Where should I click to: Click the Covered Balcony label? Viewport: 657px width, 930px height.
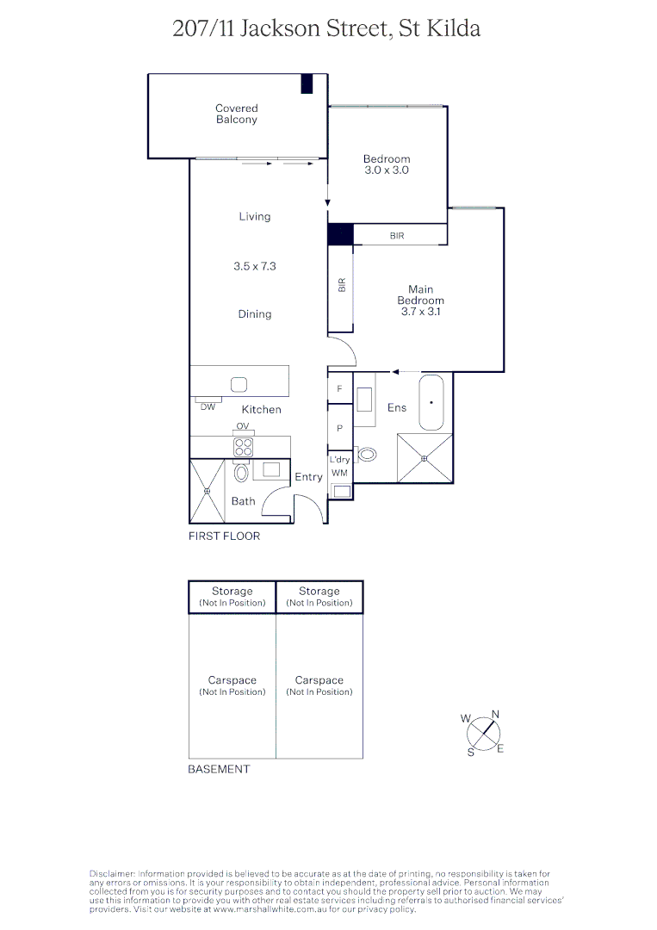coord(236,114)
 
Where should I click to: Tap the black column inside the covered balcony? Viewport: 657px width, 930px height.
coord(306,84)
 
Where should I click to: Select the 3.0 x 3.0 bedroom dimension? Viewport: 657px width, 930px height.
coord(387,170)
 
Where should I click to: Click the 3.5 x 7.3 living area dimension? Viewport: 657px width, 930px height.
coord(255,267)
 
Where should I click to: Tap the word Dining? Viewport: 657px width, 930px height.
coord(255,314)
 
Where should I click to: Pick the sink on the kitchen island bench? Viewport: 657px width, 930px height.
coord(239,385)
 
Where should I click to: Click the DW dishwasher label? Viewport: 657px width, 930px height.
coord(208,406)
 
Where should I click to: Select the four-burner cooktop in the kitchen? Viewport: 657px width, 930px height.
coord(244,447)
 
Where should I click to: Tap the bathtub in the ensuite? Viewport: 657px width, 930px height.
coord(431,402)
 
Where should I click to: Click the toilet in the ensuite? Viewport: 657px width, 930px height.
coord(368,455)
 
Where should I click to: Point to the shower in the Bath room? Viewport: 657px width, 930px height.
coord(207,491)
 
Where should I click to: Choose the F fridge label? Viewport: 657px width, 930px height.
coord(339,389)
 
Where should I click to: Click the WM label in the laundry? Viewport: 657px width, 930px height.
coord(339,473)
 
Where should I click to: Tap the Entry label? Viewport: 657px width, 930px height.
coord(308,477)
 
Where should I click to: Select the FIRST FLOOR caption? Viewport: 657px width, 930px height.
coord(224,536)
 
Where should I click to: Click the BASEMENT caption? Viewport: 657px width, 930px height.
coord(219,769)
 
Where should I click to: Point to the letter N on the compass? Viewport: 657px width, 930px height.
coord(495,714)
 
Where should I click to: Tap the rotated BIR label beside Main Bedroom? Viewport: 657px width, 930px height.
coord(342,285)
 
